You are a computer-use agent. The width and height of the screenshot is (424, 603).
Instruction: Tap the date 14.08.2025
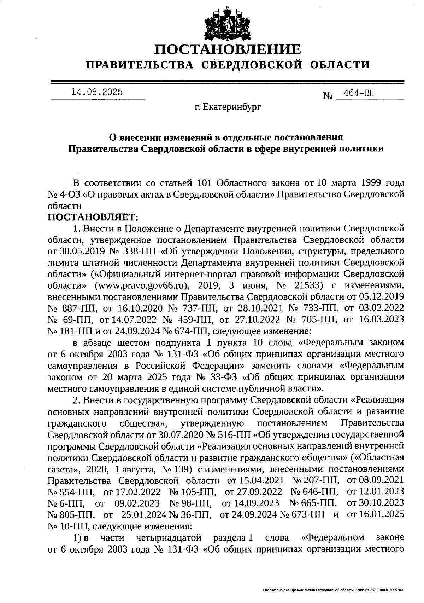tap(97, 92)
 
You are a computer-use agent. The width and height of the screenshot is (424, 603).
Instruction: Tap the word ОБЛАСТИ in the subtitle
tap(341, 65)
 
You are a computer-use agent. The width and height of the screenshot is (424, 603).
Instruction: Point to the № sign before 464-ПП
tap(328, 96)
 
